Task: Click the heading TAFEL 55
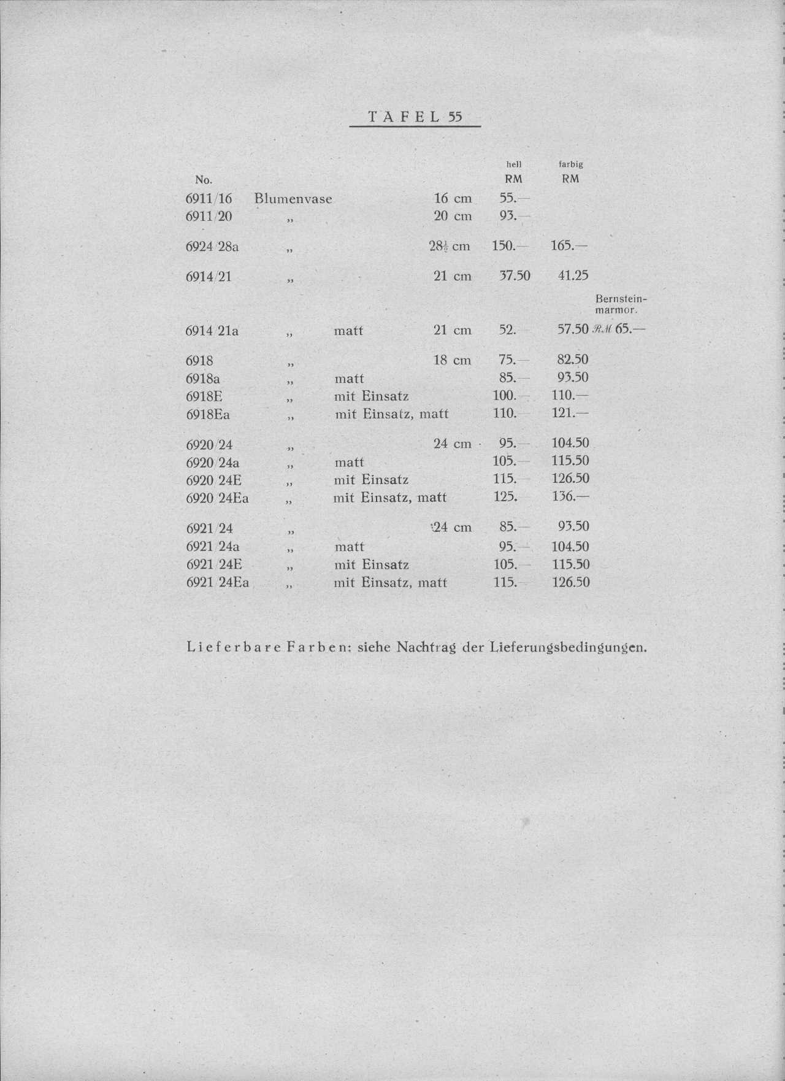coord(415,117)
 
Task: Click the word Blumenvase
coord(293,199)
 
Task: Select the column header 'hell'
coord(513,164)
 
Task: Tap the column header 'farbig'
coord(570,164)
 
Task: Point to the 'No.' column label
coord(203,180)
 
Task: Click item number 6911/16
coord(209,199)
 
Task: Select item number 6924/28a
coord(212,247)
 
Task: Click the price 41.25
coord(573,276)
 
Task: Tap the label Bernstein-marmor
coord(621,304)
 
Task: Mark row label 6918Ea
coord(208,415)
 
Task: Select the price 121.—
coord(570,414)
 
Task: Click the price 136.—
coord(570,496)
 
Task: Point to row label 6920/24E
coord(213,480)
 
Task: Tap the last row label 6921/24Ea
coord(217,582)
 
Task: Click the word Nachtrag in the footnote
coord(426,647)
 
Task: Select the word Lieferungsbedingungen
coord(568,647)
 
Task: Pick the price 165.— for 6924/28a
coord(569,246)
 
